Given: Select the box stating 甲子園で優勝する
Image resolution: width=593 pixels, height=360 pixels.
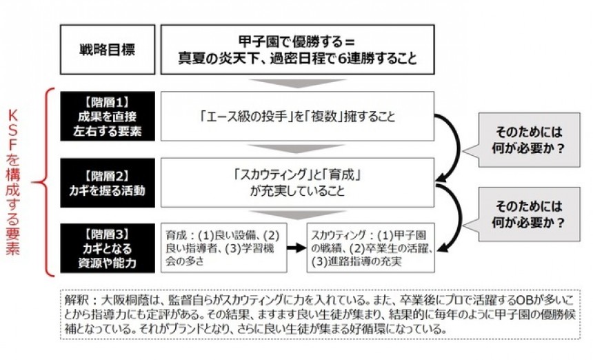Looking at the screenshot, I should coord(297,50).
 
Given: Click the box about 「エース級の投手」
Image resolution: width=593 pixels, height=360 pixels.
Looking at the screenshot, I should coord(297,115).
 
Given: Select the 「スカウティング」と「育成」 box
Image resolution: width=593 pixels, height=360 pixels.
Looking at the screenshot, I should coord(297,181).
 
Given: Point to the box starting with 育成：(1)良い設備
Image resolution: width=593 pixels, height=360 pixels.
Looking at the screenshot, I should coord(223,246).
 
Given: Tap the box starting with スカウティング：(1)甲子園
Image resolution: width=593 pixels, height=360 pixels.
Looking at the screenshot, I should coord(370,246).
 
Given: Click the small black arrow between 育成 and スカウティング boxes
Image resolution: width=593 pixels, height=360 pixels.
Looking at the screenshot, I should coord(296,246).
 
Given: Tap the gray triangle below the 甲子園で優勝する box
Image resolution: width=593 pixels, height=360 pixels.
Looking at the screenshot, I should coord(297,83).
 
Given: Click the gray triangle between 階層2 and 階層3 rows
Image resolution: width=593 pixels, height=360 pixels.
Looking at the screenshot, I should coord(297,214).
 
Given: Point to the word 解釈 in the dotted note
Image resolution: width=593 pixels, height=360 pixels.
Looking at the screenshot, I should coord(74,302).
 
